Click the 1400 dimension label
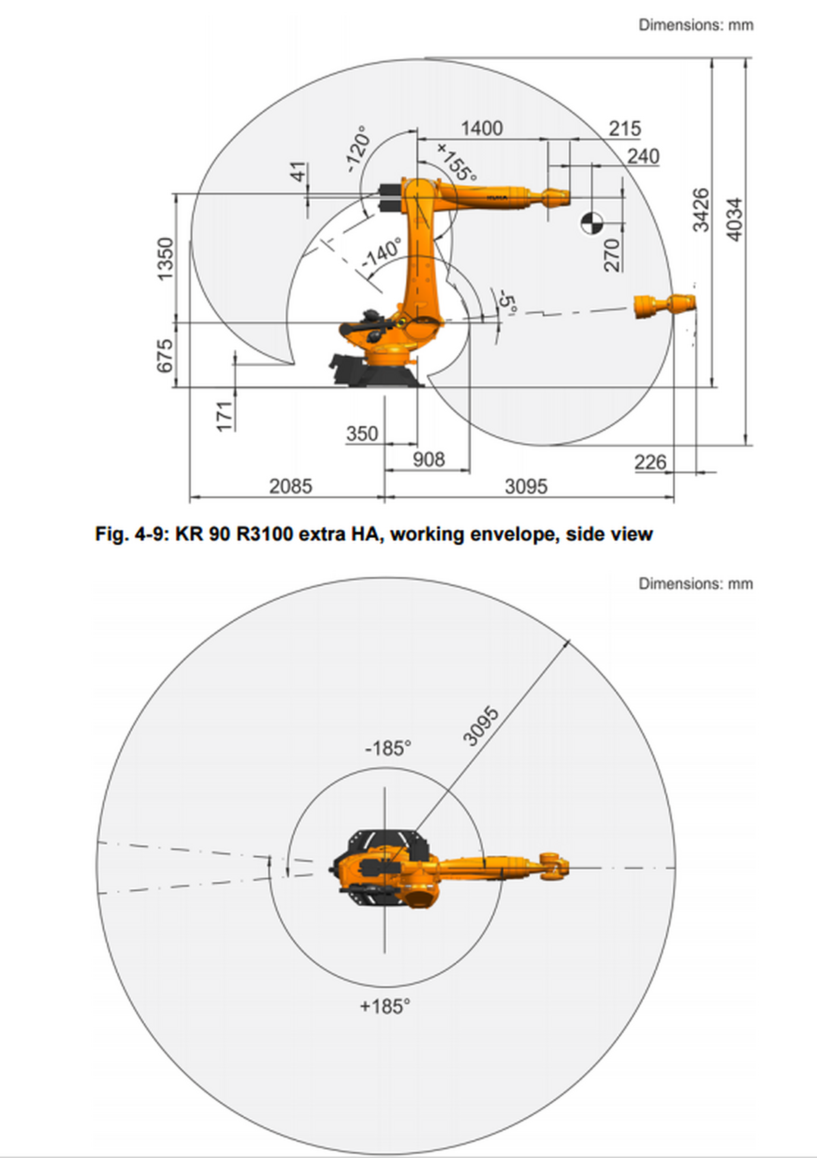point(481,128)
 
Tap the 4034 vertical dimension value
point(735,219)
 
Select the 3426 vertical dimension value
point(701,210)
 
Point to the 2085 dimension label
point(291,486)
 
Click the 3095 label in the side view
point(526,486)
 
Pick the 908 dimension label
point(428,460)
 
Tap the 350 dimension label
point(362,434)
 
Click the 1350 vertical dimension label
point(165,258)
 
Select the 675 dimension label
point(165,356)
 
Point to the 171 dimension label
point(225,416)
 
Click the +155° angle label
point(456,162)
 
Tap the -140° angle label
point(381,253)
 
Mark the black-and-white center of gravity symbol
point(592,222)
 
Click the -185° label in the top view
point(388,749)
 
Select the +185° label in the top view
point(385,1006)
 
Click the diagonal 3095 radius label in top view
point(481,726)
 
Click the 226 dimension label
point(650,462)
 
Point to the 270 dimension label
point(612,255)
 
